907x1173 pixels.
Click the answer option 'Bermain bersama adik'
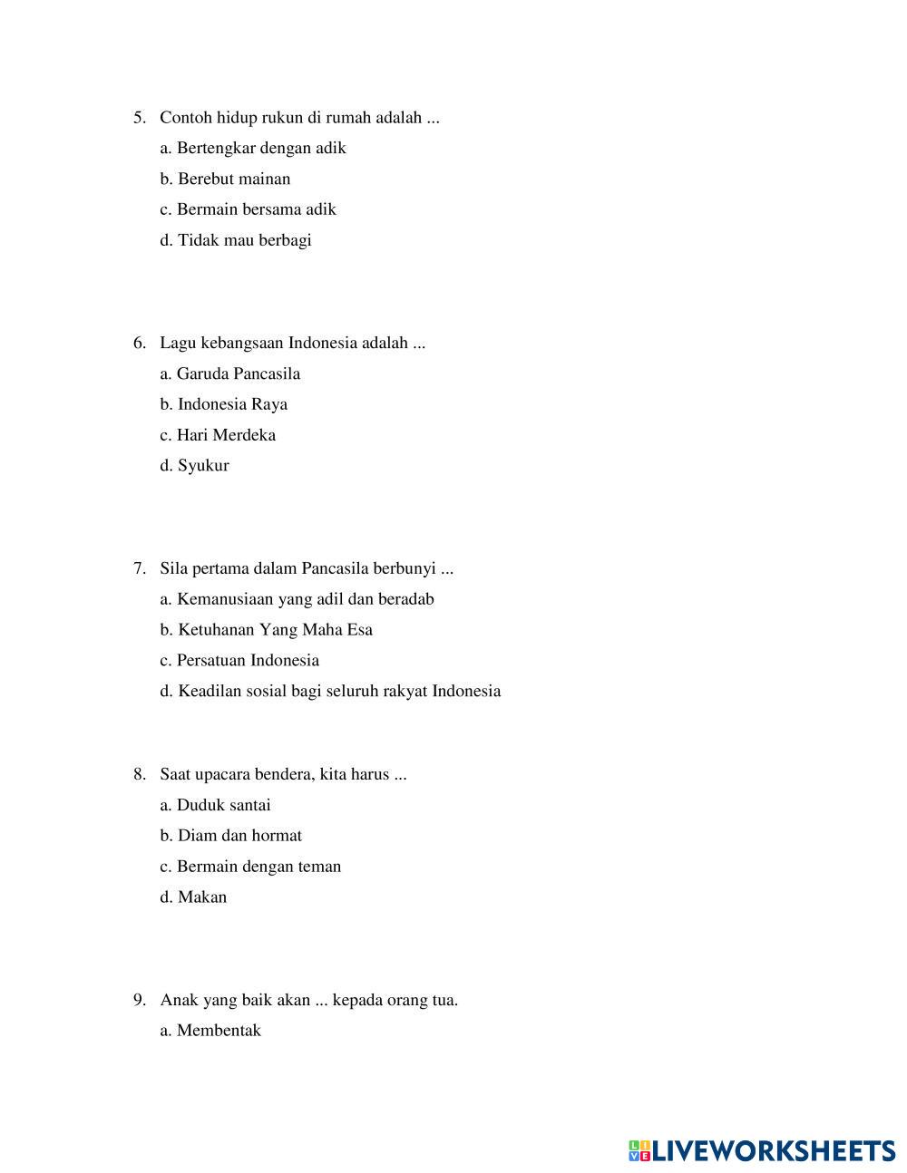[x=248, y=209]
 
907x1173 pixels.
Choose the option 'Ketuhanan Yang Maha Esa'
[x=267, y=630]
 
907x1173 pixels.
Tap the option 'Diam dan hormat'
[x=231, y=836]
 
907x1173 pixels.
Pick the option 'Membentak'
[x=210, y=1031]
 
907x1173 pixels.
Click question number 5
[x=139, y=118]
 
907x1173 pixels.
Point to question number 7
[x=139, y=569]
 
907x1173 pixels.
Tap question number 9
[x=139, y=1001]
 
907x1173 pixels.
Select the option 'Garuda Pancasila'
[x=230, y=373]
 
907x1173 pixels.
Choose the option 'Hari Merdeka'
[x=218, y=435]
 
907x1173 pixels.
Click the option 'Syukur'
[x=195, y=466]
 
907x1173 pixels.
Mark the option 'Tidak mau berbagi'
[x=236, y=240]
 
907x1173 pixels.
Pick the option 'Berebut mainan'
[x=226, y=179]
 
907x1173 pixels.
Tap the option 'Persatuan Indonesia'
[x=239, y=661]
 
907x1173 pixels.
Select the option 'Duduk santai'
[x=216, y=805]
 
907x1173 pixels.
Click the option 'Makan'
[x=194, y=897]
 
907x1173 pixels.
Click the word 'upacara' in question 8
[x=222, y=775]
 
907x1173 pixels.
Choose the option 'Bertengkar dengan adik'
[x=253, y=148]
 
